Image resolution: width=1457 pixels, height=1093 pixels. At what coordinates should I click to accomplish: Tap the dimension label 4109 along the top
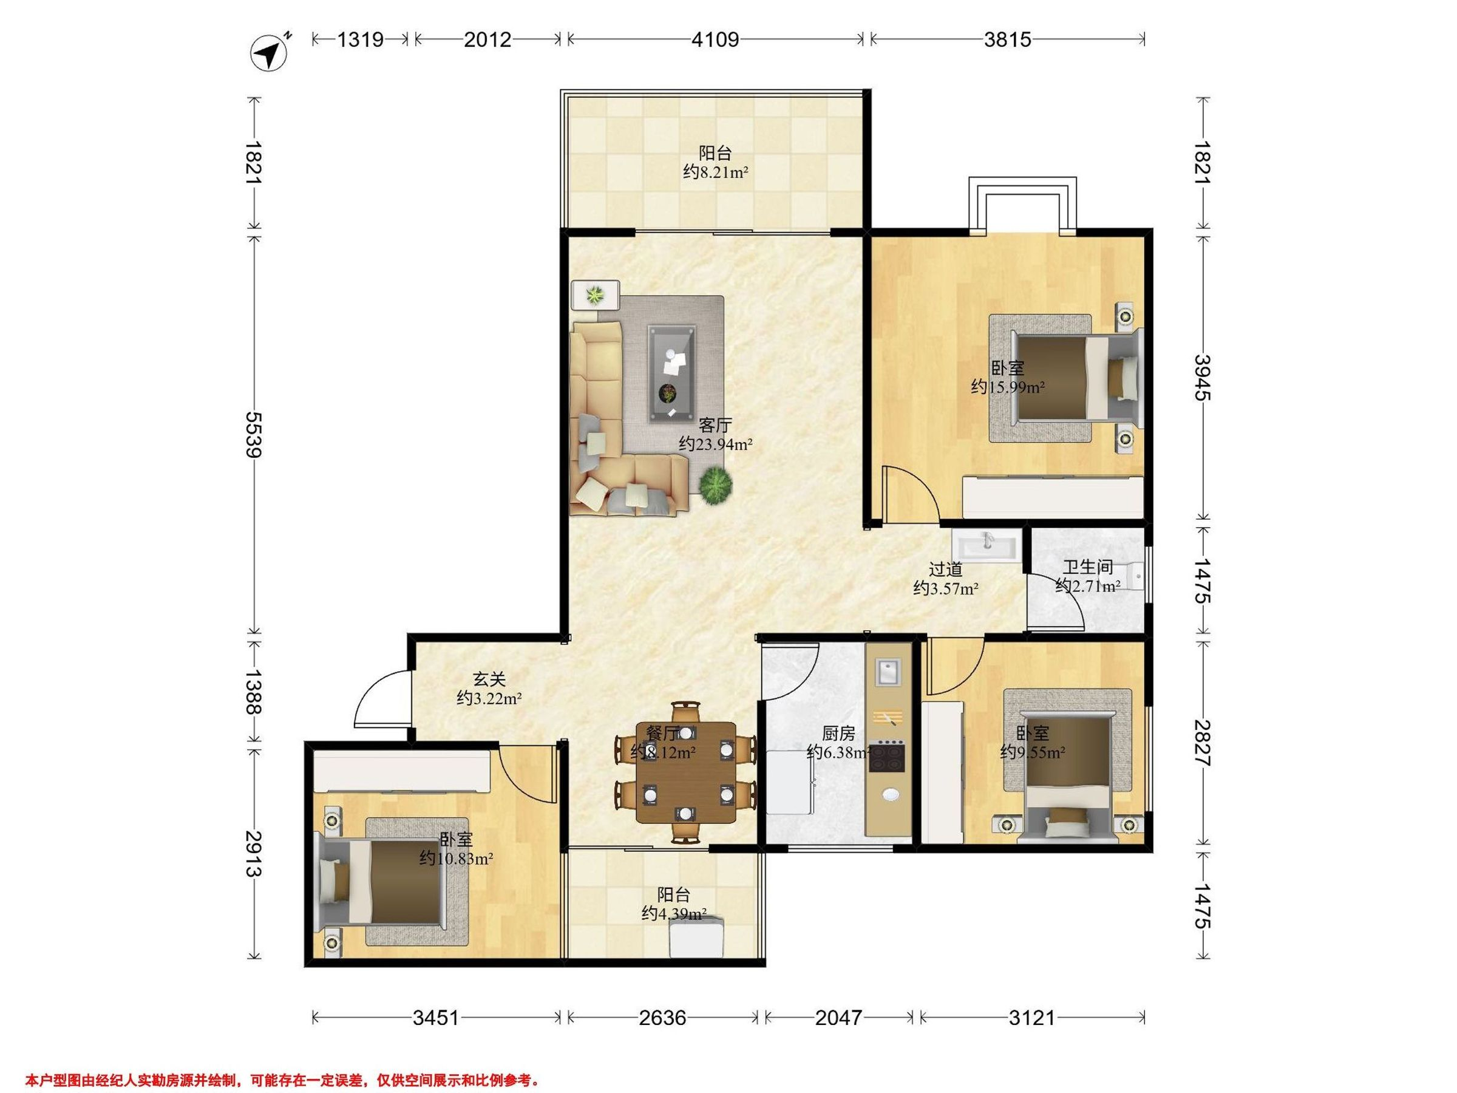coord(715,39)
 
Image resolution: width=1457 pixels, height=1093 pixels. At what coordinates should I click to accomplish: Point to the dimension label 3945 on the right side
coord(1203,378)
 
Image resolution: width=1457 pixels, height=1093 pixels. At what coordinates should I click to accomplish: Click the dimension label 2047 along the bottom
coord(838,1018)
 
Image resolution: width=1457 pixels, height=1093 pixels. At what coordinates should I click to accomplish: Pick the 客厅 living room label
coord(715,424)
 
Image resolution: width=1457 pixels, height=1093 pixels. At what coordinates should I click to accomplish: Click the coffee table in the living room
coord(672,372)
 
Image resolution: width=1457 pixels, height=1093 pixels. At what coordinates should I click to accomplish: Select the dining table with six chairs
coord(685,772)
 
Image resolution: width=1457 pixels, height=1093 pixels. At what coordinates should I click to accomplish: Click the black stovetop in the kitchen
coord(887,757)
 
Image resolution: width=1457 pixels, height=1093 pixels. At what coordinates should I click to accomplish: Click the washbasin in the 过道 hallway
coord(986,546)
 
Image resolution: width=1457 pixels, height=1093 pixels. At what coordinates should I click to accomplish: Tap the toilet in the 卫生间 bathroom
coord(1132,576)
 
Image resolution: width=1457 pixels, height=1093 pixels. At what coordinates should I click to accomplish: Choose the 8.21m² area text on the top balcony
coord(715,172)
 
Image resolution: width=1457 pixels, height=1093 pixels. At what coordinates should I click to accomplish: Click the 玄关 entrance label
coord(489,678)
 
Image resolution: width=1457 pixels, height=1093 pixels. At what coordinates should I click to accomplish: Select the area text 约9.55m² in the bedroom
coord(1033,752)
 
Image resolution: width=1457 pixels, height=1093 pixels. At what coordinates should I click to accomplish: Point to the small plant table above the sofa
coord(596,295)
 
